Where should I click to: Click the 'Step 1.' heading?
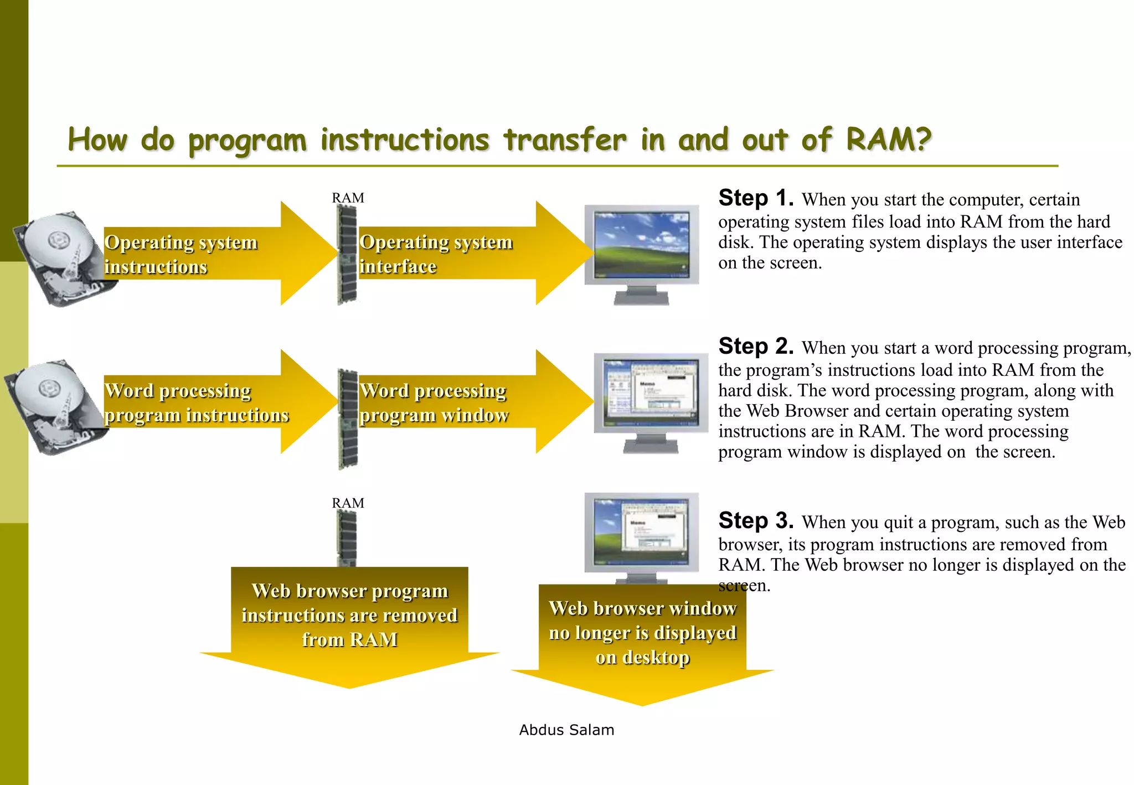point(756,198)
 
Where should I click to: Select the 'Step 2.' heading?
point(756,347)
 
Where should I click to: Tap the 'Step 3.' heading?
point(756,521)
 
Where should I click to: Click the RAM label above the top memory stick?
point(348,198)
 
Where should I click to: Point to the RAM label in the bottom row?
point(348,503)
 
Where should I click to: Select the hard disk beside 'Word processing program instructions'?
point(55,407)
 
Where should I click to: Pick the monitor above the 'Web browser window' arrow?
point(641,534)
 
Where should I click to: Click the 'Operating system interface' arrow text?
point(436,254)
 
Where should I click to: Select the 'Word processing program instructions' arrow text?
point(197,402)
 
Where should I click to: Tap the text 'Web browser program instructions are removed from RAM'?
point(349,615)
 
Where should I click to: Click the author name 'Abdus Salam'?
point(566,730)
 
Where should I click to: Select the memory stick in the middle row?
point(348,419)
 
